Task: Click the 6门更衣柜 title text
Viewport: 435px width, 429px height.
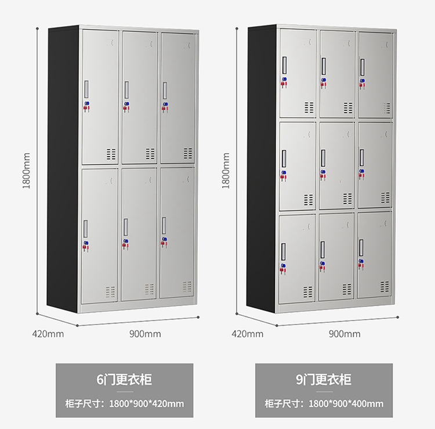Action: pos(124,380)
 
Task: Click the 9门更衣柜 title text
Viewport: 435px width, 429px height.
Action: pos(324,380)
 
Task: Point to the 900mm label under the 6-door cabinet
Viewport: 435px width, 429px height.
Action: pos(145,334)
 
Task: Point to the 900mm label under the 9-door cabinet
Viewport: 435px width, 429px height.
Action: pos(345,334)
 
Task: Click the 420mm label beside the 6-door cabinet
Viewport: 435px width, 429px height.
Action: pos(48,334)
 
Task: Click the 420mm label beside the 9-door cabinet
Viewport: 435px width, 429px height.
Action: pos(247,334)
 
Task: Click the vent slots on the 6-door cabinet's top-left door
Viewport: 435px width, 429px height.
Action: pos(111,154)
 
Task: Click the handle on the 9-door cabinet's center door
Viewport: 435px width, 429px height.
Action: pos(323,157)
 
